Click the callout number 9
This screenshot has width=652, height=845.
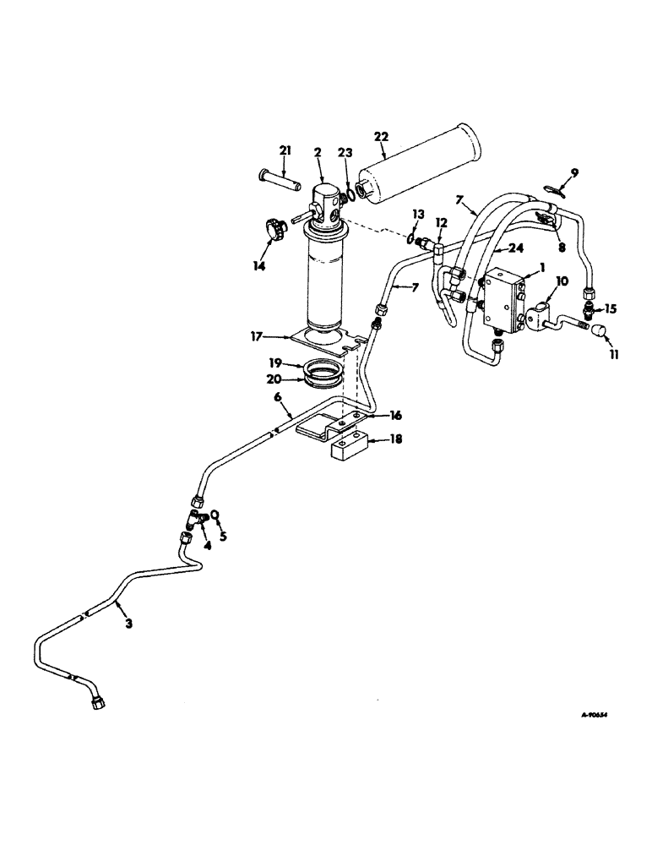click(x=574, y=172)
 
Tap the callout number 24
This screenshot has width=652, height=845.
click(x=517, y=249)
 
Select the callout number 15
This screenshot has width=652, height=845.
click(x=611, y=309)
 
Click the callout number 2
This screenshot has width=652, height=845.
click(x=318, y=152)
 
